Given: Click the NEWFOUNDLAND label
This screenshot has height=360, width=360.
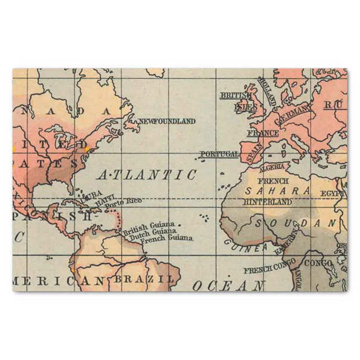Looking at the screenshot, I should (167, 121).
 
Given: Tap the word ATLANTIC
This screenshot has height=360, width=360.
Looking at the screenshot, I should (147, 174).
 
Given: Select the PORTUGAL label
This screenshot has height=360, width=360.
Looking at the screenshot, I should (219, 154).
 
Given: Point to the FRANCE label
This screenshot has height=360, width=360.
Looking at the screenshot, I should (263, 134).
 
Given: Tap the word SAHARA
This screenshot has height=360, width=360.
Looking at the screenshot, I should (277, 191).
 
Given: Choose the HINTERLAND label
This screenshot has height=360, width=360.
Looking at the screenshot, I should (268, 201).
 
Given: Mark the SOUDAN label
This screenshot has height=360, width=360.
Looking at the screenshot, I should (297, 223).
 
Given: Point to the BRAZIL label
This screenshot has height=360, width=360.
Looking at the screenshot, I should (145, 278).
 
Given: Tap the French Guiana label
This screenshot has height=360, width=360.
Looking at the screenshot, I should (167, 239).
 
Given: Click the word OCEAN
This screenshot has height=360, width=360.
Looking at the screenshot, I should (229, 286).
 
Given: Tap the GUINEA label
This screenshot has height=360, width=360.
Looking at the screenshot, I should (245, 245).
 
